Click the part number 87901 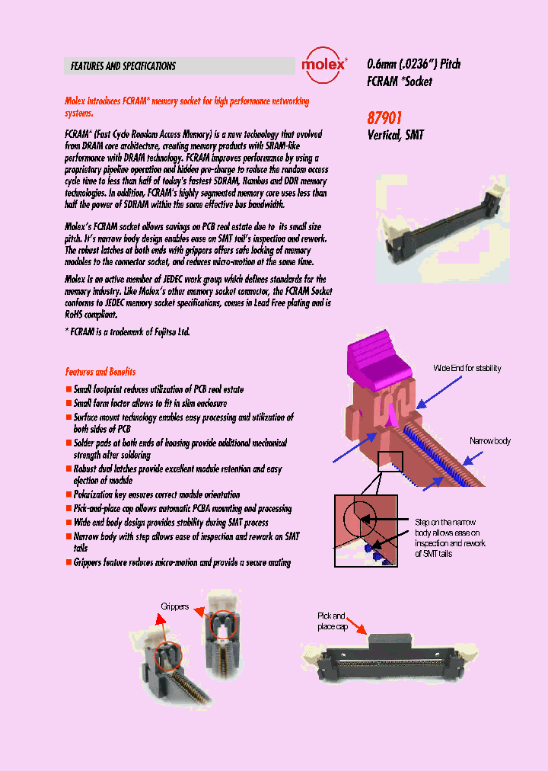click(x=384, y=118)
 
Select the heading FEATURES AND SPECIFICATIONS click(x=123, y=66)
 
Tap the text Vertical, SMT click(x=395, y=135)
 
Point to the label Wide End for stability click(x=467, y=368)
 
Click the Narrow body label click(x=489, y=441)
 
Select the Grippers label click(x=174, y=606)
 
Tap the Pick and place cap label click(x=331, y=621)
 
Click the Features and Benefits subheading click(x=100, y=372)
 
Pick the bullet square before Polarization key click(x=68, y=495)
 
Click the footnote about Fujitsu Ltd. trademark click(x=127, y=331)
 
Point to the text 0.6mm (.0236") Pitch click(x=413, y=65)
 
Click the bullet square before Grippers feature click(x=68, y=563)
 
